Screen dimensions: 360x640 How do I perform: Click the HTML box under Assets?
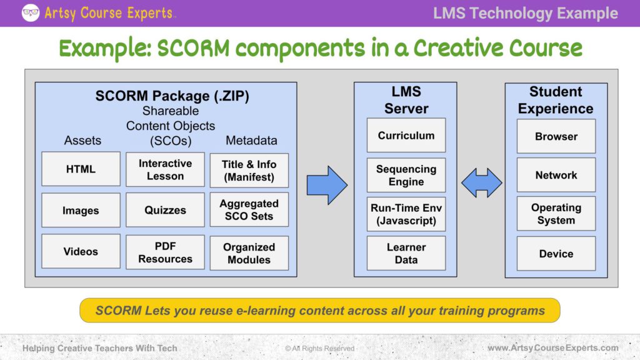click(x=81, y=169)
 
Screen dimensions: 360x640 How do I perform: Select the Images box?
click(x=81, y=211)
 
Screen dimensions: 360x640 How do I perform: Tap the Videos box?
click(x=81, y=251)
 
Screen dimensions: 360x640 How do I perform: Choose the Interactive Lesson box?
click(x=165, y=169)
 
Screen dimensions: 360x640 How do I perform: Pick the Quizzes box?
click(x=165, y=211)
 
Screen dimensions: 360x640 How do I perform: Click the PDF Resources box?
click(x=165, y=252)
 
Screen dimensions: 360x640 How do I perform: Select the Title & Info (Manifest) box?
click(x=249, y=170)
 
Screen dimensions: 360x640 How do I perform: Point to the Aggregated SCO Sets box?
click(x=249, y=210)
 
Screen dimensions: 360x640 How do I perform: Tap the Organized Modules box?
click(x=249, y=253)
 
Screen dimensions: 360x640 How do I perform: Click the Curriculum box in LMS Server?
click(x=406, y=135)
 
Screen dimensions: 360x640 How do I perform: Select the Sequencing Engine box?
click(x=406, y=175)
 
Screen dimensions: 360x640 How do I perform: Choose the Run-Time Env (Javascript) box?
click(x=406, y=214)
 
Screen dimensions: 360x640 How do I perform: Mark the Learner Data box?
click(x=406, y=253)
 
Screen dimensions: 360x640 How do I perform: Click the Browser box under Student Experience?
click(x=556, y=136)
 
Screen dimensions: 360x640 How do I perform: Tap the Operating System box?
click(x=556, y=214)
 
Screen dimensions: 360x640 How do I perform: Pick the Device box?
click(x=556, y=254)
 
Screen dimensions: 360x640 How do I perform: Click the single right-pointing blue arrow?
click(x=326, y=185)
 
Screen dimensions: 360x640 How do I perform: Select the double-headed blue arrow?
click(x=481, y=183)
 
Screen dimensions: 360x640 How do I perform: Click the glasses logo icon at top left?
click(x=31, y=12)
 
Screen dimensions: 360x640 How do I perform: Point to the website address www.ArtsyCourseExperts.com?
click(x=552, y=347)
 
